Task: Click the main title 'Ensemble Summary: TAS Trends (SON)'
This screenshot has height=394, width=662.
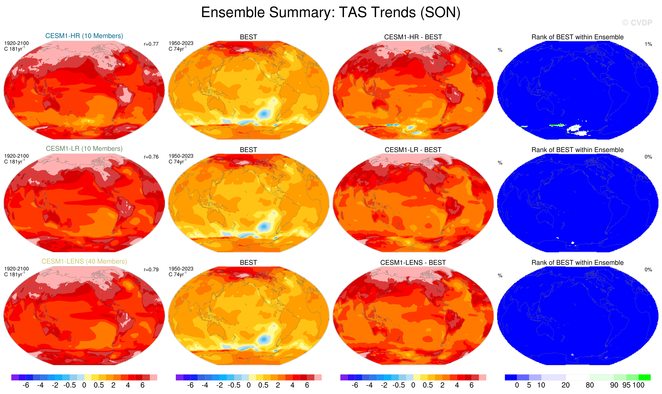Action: [331, 12]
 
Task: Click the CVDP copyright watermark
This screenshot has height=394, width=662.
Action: [637, 23]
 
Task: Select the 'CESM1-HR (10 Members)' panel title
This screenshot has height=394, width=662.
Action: [84, 36]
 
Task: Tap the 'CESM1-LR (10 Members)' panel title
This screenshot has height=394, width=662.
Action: [84, 149]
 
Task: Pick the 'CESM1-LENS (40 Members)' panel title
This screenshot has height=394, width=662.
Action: [84, 262]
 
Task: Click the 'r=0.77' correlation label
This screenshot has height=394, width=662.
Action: [151, 44]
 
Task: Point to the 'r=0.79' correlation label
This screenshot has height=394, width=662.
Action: [151, 270]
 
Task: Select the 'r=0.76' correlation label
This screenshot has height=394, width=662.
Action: [151, 157]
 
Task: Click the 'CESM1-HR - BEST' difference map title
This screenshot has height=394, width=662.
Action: [413, 37]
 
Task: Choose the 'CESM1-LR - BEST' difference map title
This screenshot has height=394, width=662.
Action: [413, 150]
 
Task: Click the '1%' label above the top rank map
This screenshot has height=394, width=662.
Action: [648, 44]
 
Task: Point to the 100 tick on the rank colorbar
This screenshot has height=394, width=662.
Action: [638, 385]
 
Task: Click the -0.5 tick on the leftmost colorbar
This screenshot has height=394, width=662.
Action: [70, 385]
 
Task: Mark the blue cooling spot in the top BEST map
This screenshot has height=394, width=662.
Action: [264, 114]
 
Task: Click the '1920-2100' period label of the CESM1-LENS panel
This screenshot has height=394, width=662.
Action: [16, 269]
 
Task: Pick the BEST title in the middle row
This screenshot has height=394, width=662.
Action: [248, 150]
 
